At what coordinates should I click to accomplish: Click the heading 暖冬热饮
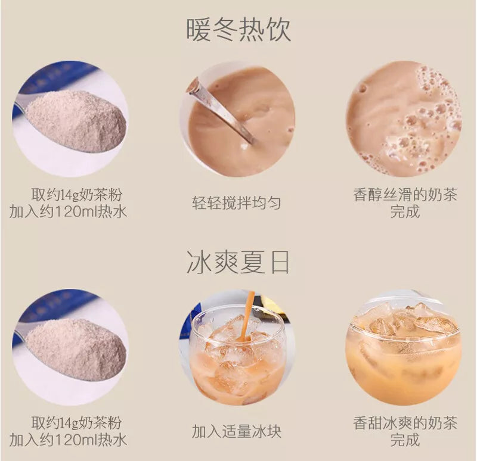[x=238, y=30]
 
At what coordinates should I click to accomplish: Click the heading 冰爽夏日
[x=238, y=262]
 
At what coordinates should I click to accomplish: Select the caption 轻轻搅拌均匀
[x=236, y=203]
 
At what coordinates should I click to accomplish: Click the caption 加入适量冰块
[x=236, y=431]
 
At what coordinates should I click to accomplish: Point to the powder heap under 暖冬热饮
[x=77, y=121]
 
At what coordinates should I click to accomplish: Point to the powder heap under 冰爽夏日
[x=77, y=349]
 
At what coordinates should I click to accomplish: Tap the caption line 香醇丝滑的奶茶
[x=405, y=195]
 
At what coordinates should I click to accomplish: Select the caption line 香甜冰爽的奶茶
[x=405, y=423]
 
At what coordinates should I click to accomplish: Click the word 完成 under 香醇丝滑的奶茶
[x=405, y=211]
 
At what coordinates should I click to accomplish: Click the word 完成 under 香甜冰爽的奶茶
[x=405, y=440]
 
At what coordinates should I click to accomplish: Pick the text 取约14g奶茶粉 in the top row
[x=77, y=195]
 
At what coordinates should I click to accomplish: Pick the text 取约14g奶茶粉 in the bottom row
[x=77, y=423]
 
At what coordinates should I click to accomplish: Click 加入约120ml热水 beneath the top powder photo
[x=68, y=211]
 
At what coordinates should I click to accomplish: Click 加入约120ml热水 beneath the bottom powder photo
[x=68, y=440]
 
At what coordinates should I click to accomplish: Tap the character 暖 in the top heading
[x=198, y=30]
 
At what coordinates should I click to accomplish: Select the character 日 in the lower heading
[x=280, y=262]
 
